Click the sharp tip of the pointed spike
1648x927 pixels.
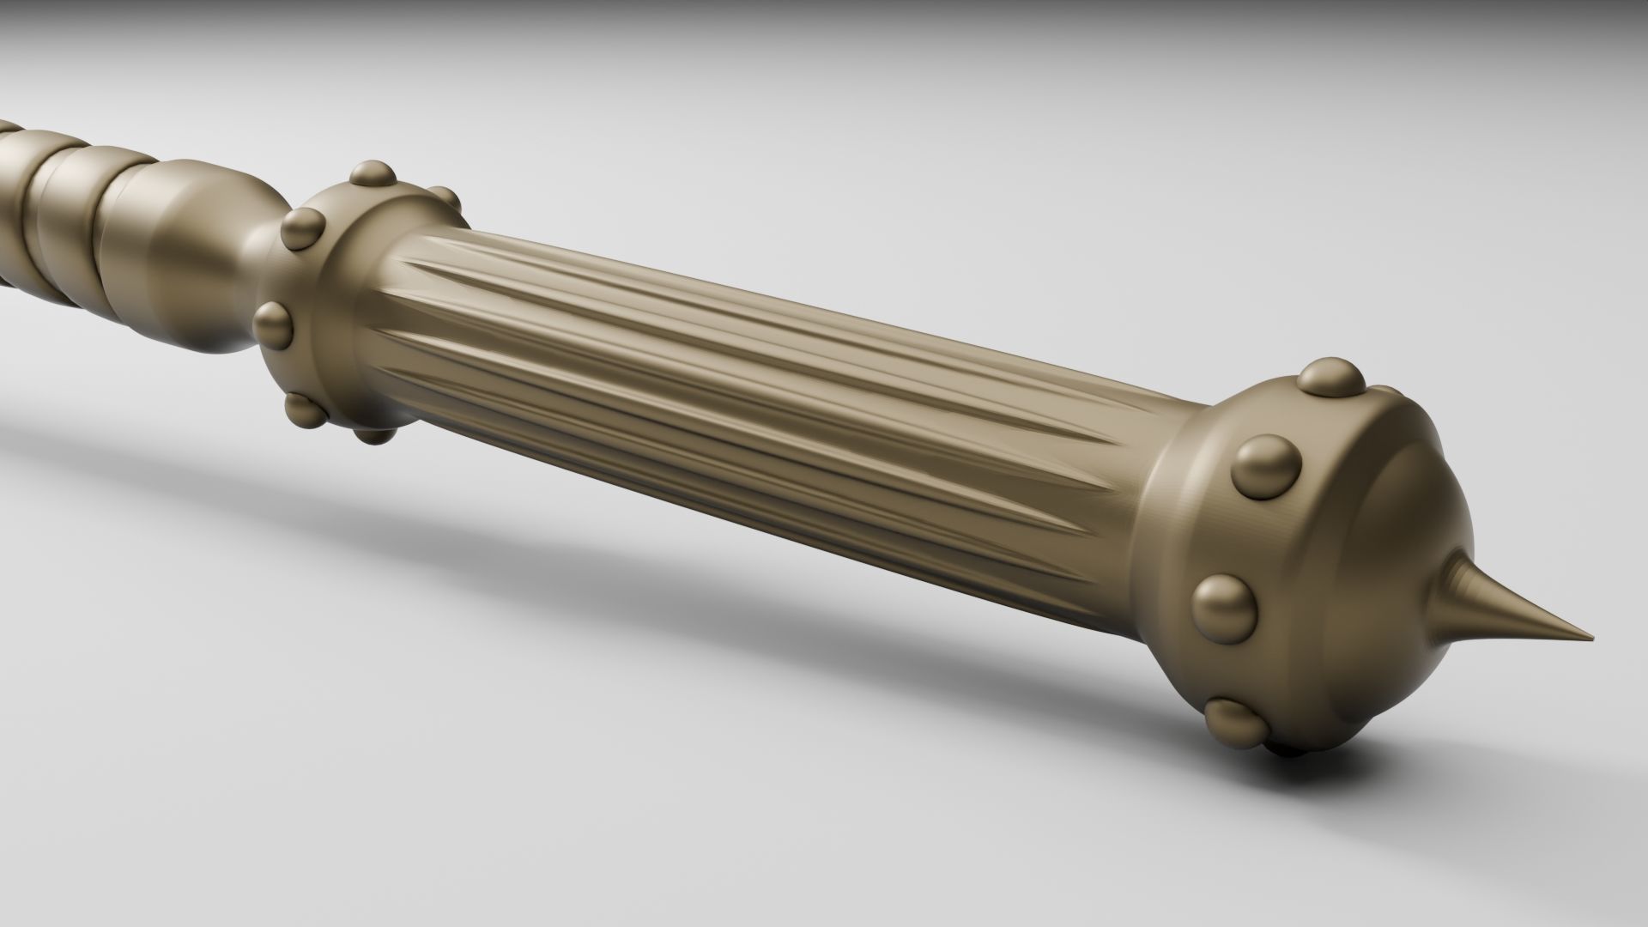click(x=1590, y=638)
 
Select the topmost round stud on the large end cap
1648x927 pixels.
click(x=1330, y=379)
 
